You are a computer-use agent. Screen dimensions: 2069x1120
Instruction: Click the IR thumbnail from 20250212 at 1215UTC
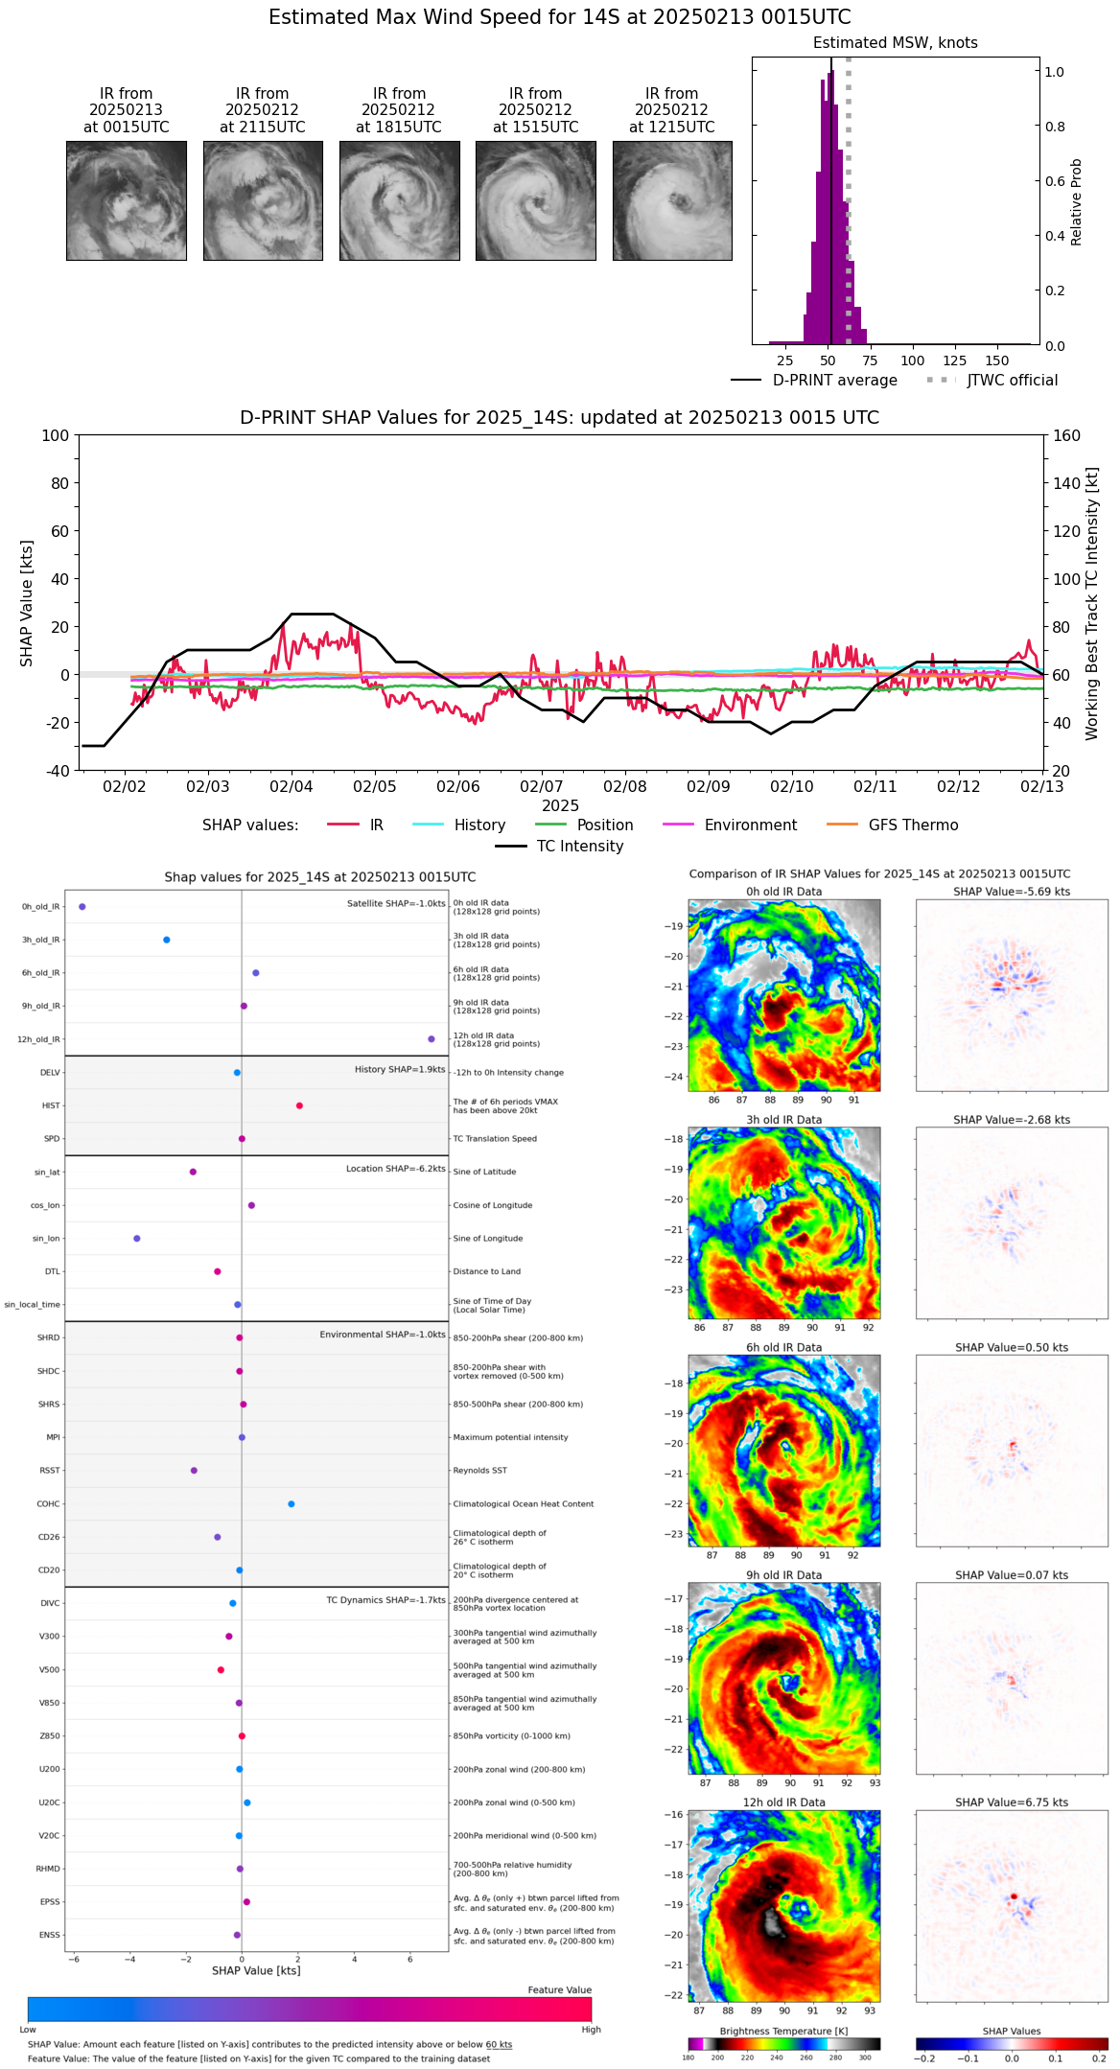tap(672, 200)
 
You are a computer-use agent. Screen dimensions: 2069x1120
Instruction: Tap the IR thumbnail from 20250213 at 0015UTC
tap(127, 200)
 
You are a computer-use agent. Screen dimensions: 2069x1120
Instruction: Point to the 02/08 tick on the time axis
tap(625, 786)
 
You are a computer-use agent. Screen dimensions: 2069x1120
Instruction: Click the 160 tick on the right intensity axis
tap(1067, 435)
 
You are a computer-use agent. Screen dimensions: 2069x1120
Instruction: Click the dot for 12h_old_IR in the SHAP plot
tap(432, 1039)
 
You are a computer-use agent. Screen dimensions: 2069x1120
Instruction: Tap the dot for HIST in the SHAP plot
tap(299, 1105)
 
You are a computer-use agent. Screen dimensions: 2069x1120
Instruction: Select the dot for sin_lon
tap(137, 1239)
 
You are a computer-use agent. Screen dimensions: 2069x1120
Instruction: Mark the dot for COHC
tap(292, 1503)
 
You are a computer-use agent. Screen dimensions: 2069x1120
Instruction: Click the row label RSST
tap(49, 1471)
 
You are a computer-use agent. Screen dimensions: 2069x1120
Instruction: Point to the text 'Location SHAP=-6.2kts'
tap(395, 1169)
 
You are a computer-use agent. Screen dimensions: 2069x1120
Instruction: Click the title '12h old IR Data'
tap(783, 1802)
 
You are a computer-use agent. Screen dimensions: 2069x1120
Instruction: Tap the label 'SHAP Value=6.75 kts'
tap(1012, 1802)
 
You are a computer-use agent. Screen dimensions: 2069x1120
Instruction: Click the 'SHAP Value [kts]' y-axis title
tap(27, 603)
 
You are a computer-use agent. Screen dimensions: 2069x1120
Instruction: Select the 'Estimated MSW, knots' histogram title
tap(895, 43)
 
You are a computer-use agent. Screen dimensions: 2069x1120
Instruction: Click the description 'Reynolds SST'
tap(479, 1471)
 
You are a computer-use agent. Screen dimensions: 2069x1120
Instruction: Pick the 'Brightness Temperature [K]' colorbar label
tap(783, 2031)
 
